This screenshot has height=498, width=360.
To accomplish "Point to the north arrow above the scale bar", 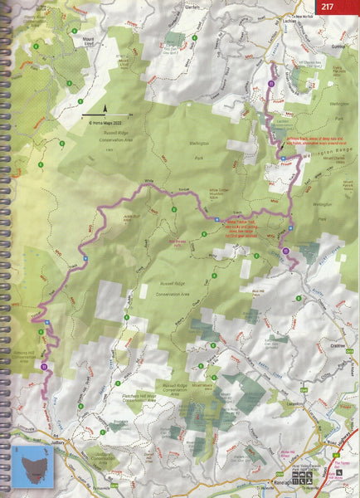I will point(105,109).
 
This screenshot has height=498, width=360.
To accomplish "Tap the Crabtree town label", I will point(336,344).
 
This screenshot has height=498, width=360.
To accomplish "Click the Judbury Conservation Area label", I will point(105,459).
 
